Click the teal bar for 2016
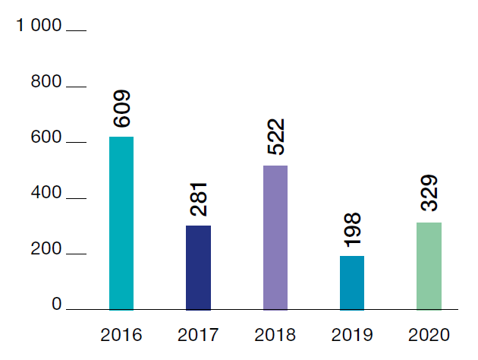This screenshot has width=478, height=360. pos(121,223)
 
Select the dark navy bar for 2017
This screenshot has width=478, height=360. pos(198,267)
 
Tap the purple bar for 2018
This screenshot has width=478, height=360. pos(275,238)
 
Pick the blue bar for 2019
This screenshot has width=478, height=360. pos(351,283)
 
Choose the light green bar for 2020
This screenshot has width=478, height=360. pos(429,266)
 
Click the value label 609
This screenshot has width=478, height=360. pos(122,109)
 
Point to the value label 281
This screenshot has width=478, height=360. pos(199,198)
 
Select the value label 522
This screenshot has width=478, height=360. pos(275,137)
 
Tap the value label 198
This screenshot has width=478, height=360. pos(352,229)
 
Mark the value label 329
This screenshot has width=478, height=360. pos(429,194)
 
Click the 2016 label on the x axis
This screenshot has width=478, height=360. pos(121,334)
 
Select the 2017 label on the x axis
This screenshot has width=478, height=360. pos(198,334)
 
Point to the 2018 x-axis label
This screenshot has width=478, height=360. pos(275,334)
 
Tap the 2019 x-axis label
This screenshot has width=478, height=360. pos(352,334)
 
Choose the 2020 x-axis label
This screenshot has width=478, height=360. pos(429,334)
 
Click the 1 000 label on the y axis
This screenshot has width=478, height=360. pos(38,26)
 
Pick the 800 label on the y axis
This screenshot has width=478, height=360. pos(46,82)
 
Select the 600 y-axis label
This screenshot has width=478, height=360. pos(46,138)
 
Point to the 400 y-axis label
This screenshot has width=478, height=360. pos(46,194)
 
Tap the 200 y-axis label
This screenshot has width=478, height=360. pos(46,250)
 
